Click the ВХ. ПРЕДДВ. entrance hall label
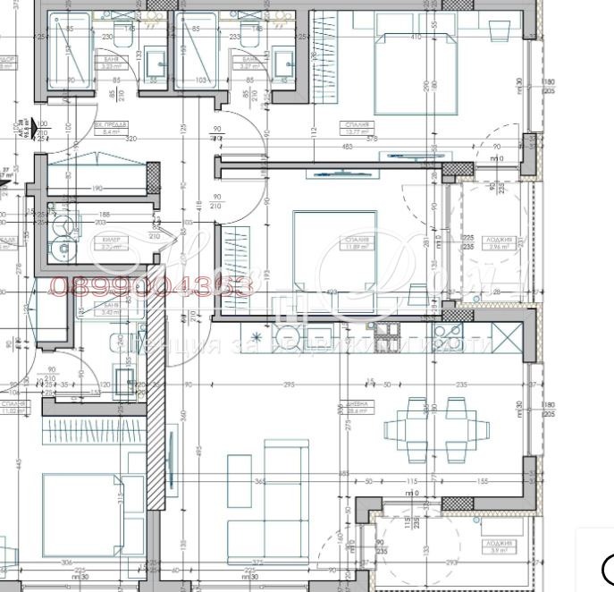click(x=112, y=129)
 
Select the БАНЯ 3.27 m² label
click(x=249, y=62)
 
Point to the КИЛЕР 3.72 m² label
click(x=112, y=244)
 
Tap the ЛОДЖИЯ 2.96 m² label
click(x=500, y=242)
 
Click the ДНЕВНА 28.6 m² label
click(x=357, y=410)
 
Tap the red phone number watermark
click(x=151, y=286)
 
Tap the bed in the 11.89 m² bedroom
click(x=333, y=248)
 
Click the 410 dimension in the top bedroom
click(x=415, y=37)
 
